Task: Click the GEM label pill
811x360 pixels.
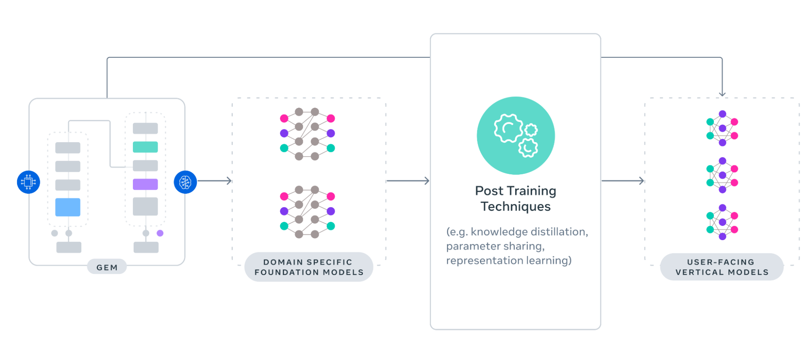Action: click(107, 267)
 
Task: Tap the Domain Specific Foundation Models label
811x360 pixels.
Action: click(309, 267)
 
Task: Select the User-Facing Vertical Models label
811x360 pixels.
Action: click(722, 267)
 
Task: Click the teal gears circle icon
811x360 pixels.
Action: click(516, 135)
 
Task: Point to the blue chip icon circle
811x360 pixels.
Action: click(28, 182)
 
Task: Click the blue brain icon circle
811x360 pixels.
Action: click(185, 182)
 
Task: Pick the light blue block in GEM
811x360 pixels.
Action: click(68, 207)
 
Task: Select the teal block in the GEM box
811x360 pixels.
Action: click(145, 147)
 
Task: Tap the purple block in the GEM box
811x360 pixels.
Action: click(145, 184)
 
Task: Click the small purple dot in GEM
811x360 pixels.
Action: click(160, 233)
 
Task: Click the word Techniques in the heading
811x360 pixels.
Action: click(516, 206)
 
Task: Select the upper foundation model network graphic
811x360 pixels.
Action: click(308, 134)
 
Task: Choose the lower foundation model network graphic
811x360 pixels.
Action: click(308, 212)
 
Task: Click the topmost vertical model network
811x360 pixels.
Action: click(722, 128)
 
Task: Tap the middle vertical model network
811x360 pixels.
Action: click(722, 176)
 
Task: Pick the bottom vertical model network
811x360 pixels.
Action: click(722, 222)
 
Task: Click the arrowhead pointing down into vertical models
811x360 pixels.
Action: click(722, 93)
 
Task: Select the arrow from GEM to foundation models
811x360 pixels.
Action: click(215, 181)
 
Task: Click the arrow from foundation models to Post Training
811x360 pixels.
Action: click(408, 181)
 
